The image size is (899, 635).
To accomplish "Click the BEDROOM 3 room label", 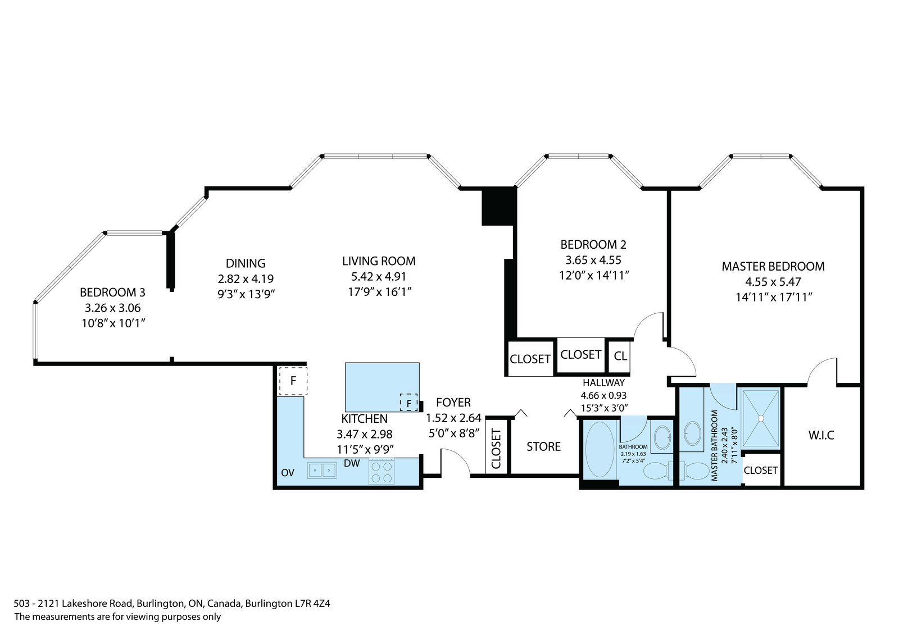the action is [x=112, y=293].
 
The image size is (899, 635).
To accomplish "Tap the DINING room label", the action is [x=246, y=263].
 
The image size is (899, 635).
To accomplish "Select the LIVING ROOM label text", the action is [x=379, y=261].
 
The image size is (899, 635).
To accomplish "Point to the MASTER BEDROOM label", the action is [x=773, y=266].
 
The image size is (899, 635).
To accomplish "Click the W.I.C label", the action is [x=821, y=435].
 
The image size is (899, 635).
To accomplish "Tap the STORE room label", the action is [x=543, y=446].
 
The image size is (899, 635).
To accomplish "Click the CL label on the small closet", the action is [x=620, y=356].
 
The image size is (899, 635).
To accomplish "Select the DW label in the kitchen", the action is [x=352, y=463].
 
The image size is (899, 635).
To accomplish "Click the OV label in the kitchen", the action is [x=288, y=473].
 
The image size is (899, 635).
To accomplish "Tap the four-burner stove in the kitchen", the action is [x=382, y=471].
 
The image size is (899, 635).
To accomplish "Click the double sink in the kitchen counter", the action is [x=322, y=470].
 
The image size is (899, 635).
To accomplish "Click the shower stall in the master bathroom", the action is [x=761, y=418].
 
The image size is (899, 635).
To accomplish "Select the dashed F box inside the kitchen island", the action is [x=409, y=403].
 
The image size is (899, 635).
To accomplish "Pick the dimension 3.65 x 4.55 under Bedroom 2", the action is [x=593, y=260].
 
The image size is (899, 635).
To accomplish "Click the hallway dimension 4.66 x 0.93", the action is [x=603, y=395].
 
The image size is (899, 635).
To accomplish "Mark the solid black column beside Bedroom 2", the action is [x=498, y=207].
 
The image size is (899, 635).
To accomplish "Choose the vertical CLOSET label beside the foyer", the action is [x=497, y=449].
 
